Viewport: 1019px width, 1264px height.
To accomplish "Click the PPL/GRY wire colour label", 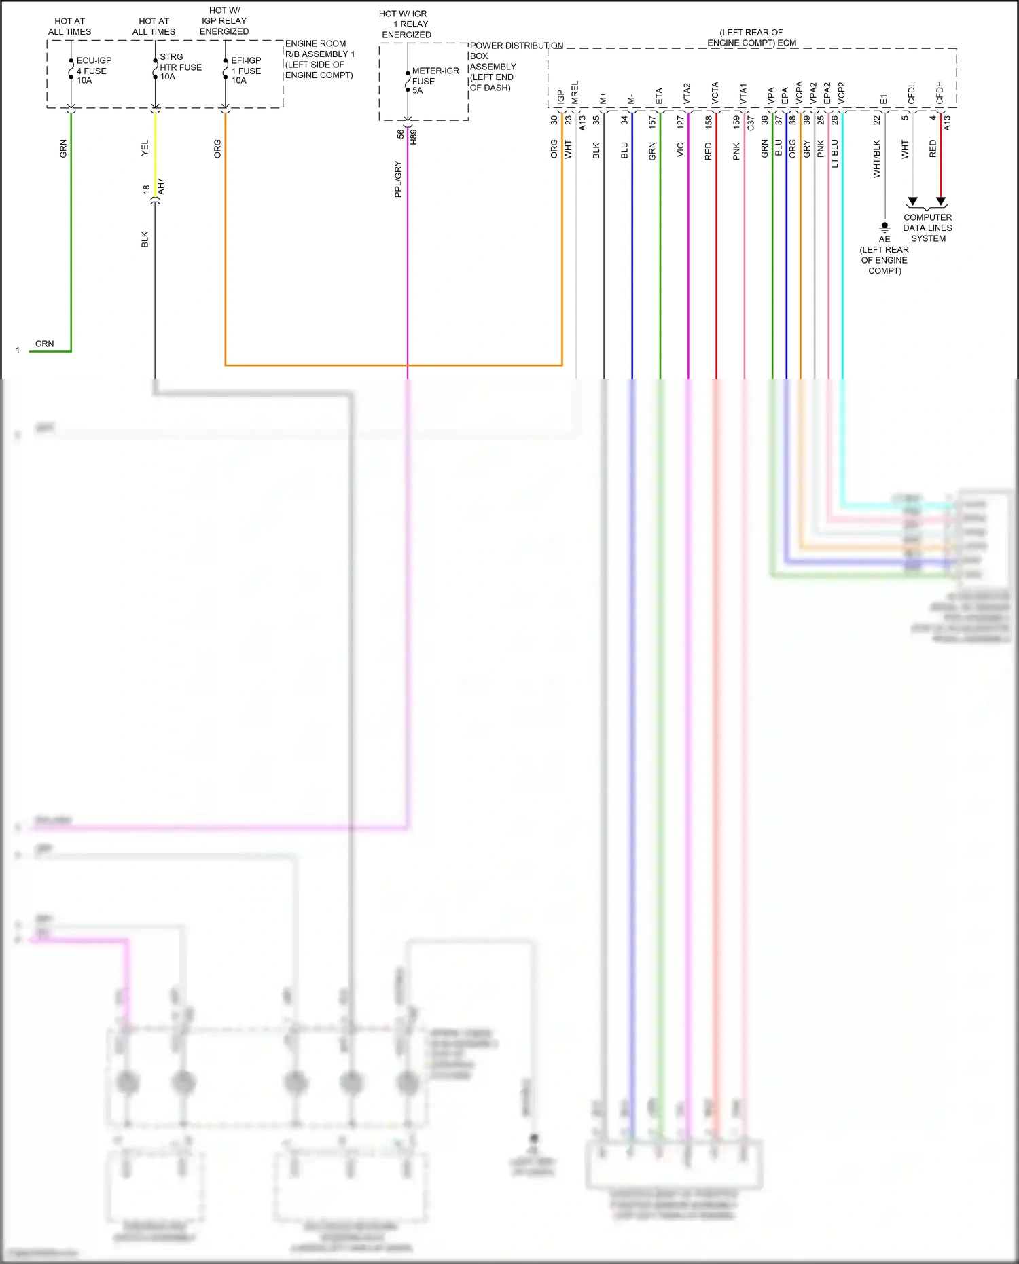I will tap(398, 179).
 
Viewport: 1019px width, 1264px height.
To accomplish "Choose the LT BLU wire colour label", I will tap(835, 154).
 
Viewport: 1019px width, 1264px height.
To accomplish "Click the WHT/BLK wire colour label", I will tap(876, 159).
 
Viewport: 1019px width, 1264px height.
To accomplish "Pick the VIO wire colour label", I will tap(681, 150).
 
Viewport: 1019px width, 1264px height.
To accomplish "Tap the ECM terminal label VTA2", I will tap(687, 94).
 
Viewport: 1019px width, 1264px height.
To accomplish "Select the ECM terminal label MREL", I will tap(575, 92).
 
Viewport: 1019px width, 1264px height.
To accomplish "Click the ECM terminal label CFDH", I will tap(940, 92).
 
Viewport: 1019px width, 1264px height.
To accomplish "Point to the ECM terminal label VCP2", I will tap(841, 93).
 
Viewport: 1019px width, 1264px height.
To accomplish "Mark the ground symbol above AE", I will tap(884, 227).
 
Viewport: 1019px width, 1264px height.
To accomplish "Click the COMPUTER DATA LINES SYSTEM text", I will tap(927, 228).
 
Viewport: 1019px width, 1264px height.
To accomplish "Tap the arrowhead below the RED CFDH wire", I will tap(941, 202).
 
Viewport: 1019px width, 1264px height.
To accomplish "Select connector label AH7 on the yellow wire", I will tap(161, 187).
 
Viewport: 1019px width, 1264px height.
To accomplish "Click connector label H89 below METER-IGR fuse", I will tap(414, 136).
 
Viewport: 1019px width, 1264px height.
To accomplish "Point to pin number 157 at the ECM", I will tap(652, 122).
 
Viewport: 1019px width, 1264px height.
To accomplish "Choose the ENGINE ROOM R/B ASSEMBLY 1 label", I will tap(319, 59).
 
